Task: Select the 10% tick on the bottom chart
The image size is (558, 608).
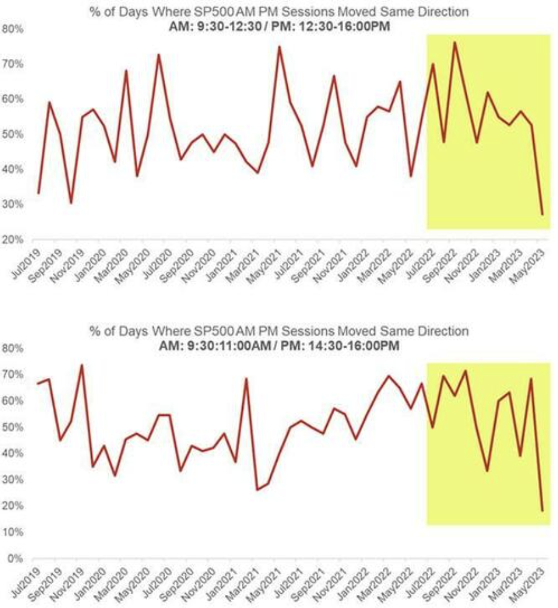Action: pos(14,532)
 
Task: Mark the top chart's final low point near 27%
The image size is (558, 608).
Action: pos(542,214)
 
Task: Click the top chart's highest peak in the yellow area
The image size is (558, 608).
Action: pos(455,42)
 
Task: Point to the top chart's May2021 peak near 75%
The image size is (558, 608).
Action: pos(279,47)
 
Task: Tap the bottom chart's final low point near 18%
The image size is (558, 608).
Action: pos(542,511)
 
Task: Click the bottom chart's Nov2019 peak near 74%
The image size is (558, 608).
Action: pos(82,365)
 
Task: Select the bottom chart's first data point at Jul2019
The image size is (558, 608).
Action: pos(38,383)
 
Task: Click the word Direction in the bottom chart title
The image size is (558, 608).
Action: pos(442,330)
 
